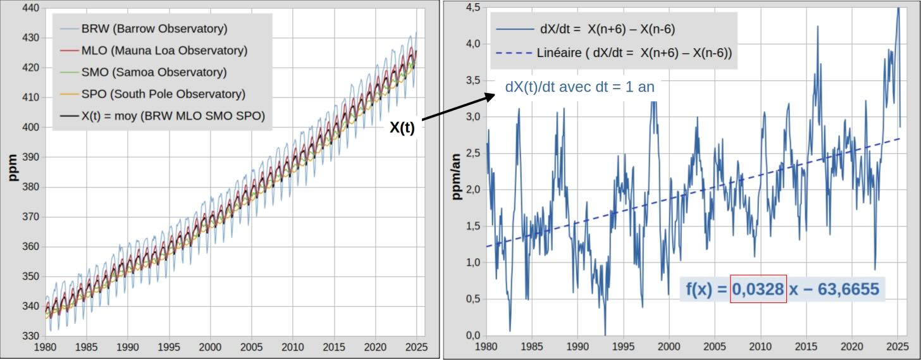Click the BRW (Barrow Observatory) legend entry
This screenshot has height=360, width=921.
tap(154, 28)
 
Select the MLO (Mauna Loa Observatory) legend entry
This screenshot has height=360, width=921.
tap(164, 51)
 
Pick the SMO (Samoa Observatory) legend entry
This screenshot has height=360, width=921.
tap(154, 72)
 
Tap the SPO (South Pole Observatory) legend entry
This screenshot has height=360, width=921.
tap(163, 94)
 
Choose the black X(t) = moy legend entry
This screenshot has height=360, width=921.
tap(173, 116)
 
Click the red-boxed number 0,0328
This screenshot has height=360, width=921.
tap(758, 289)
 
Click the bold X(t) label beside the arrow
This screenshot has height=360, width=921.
tap(402, 127)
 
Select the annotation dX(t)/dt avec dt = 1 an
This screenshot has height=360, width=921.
tap(579, 87)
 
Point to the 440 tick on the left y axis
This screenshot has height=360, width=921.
tap(30, 8)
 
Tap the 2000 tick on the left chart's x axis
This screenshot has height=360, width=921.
tap(210, 347)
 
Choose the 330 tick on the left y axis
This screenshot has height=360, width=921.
tap(30, 336)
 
